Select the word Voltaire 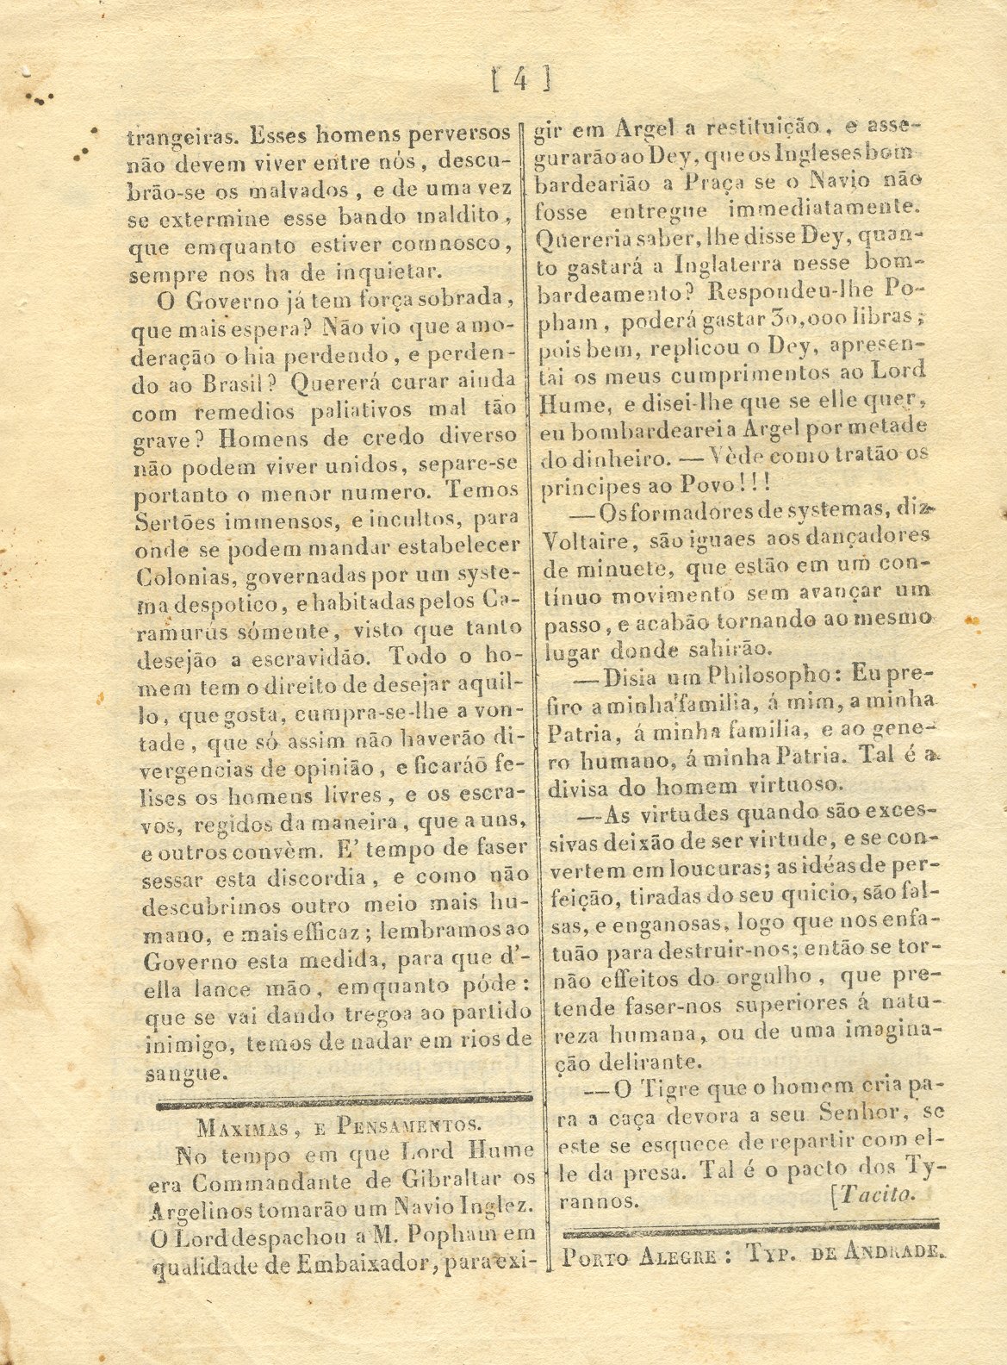click(x=586, y=539)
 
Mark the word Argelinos click(x=199, y=1208)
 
